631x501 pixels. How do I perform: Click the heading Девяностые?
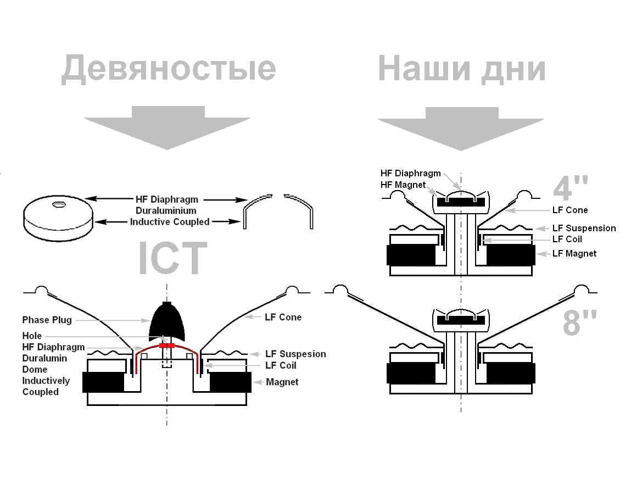pos(168,68)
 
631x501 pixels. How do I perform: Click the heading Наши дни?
pos(461,69)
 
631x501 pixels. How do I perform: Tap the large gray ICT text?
pos(172,259)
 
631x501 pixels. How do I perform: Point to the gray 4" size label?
pos(569,188)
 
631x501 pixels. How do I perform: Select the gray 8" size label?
pos(579,322)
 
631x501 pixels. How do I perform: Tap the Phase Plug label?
pos(47,320)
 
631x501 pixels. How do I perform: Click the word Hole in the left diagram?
pos(32,336)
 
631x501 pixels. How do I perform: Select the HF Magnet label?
pos(403,185)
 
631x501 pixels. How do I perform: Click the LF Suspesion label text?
pos(295,354)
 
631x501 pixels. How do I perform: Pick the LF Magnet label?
pos(574,253)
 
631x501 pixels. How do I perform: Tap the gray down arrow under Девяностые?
pos(167,127)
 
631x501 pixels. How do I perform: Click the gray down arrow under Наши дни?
pos(461,129)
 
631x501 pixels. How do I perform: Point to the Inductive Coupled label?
pos(170,222)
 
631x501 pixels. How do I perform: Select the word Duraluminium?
pos(166,210)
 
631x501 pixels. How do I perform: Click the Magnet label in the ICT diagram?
pos(282,382)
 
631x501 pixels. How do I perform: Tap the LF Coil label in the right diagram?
pos(567,239)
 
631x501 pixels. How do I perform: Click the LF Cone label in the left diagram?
pos(283,317)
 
